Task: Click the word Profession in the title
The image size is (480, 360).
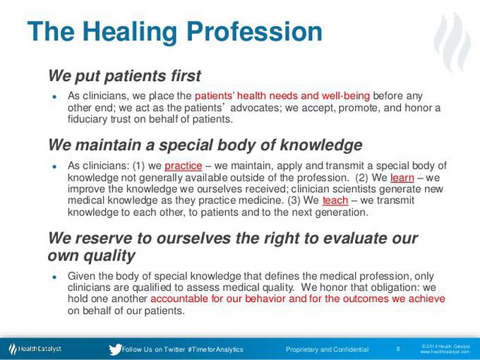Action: coord(254,31)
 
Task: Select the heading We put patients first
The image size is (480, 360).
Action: coord(125,76)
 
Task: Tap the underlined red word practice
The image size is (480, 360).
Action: coord(184,166)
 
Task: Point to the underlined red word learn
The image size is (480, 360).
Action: coord(402,178)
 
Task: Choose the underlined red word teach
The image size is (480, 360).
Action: coord(335,200)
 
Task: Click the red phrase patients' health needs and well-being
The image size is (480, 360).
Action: coord(282,96)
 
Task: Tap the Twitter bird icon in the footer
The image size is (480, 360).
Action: coord(115,349)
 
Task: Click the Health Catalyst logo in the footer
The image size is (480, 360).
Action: coord(35,349)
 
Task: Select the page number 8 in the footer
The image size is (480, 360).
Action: coord(398,349)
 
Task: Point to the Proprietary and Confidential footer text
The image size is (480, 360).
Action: coord(328,349)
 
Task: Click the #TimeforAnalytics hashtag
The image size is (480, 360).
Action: coord(215,349)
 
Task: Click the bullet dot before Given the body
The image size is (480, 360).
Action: coord(55,277)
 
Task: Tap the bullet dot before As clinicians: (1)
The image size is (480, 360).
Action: coord(55,167)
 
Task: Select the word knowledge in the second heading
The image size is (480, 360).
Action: coord(321,145)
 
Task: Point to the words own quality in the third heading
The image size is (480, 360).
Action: coord(91,256)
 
